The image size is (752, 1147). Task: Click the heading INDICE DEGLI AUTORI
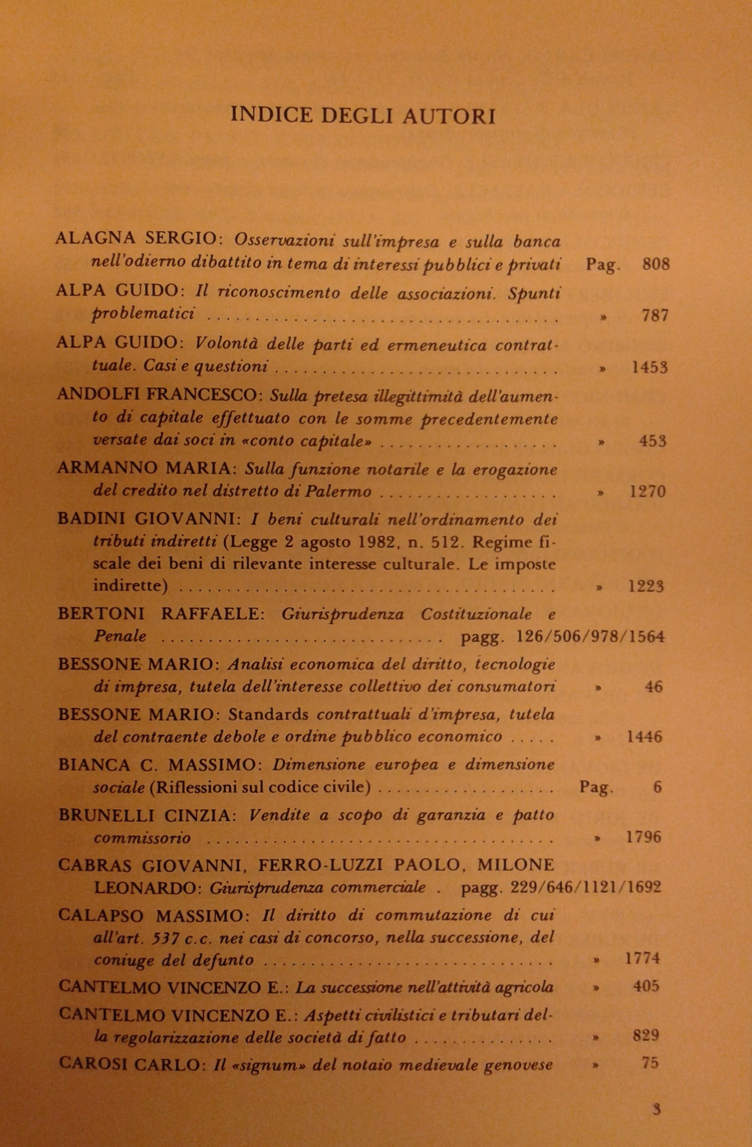point(363,116)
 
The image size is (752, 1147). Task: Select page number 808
point(656,264)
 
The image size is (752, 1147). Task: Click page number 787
point(655,316)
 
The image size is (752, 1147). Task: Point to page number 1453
point(649,368)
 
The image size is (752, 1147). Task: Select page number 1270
point(647,492)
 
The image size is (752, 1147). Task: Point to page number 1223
point(646,586)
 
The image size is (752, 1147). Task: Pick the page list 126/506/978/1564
point(590,637)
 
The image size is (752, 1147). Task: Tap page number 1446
point(645,737)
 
